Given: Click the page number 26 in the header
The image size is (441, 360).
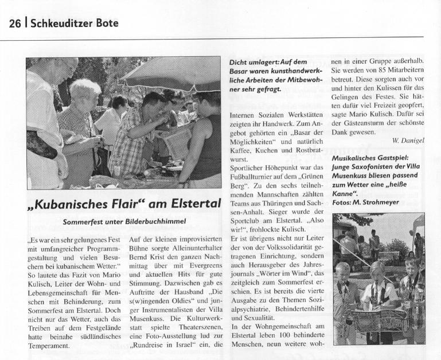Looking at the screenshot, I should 15,23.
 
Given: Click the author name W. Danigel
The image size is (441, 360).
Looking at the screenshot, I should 408,140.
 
